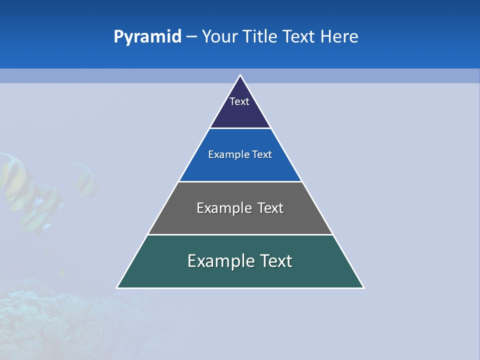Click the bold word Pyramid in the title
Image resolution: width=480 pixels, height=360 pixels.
(x=147, y=37)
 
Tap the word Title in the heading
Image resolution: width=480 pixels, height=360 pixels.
(x=260, y=37)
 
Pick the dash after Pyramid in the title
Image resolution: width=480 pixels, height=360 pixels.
(x=191, y=37)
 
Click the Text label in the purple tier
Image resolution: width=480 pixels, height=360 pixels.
(x=239, y=101)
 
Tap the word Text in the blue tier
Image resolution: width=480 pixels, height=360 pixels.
(x=262, y=154)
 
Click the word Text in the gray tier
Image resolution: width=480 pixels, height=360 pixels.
(x=270, y=208)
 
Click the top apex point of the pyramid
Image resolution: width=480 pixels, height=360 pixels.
(x=240, y=75)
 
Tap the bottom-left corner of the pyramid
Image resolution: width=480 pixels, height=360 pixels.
(x=117, y=287)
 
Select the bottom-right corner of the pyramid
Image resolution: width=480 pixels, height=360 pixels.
(x=363, y=287)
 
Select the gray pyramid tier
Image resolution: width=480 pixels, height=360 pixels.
(x=240, y=222)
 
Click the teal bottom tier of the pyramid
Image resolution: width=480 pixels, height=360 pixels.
(x=240, y=276)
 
